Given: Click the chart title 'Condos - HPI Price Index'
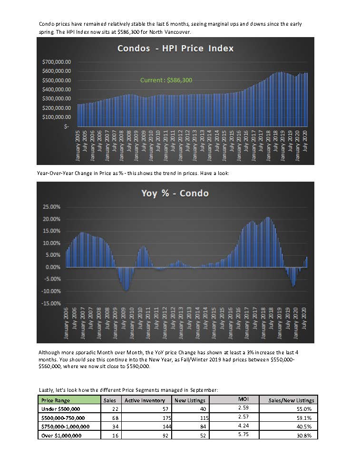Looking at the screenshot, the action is [175, 48].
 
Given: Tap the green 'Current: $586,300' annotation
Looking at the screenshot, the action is [166, 80].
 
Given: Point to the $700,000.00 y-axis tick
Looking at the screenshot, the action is [57, 62].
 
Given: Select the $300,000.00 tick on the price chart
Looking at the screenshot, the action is [57, 98].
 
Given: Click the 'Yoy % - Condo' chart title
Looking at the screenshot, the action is [175, 193].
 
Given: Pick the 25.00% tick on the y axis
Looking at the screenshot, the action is [51, 206].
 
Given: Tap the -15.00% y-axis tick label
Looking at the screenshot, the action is [50, 303].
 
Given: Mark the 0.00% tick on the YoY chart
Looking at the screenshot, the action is [53, 267].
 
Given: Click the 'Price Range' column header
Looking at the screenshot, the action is [56, 400].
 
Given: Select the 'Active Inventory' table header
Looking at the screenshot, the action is [145, 400].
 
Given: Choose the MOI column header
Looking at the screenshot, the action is [243, 399].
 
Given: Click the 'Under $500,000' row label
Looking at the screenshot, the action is [61, 409].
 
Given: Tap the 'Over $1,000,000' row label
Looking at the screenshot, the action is [61, 436].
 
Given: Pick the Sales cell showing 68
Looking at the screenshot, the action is [115, 418].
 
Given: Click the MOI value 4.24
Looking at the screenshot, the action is [243, 426].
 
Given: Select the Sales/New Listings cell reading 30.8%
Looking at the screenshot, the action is [304, 436].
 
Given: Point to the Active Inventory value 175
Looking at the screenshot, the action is [167, 418].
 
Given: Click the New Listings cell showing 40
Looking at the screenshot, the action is [203, 409].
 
